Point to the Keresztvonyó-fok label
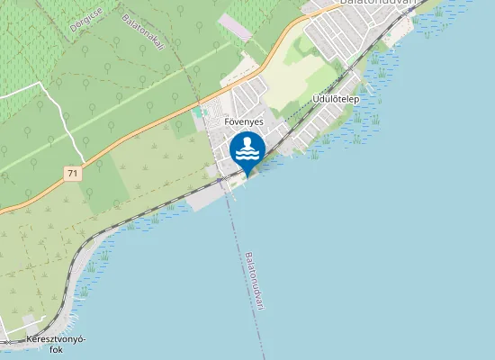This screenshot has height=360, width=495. coord(56,345)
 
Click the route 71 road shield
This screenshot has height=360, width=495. coord(71,171)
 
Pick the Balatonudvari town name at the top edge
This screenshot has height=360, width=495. coord(378,4)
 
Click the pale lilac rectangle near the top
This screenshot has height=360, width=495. coord(236,26)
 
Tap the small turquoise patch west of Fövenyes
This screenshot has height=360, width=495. coord(199,113)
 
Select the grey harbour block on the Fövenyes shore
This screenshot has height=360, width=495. coord(205,197)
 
